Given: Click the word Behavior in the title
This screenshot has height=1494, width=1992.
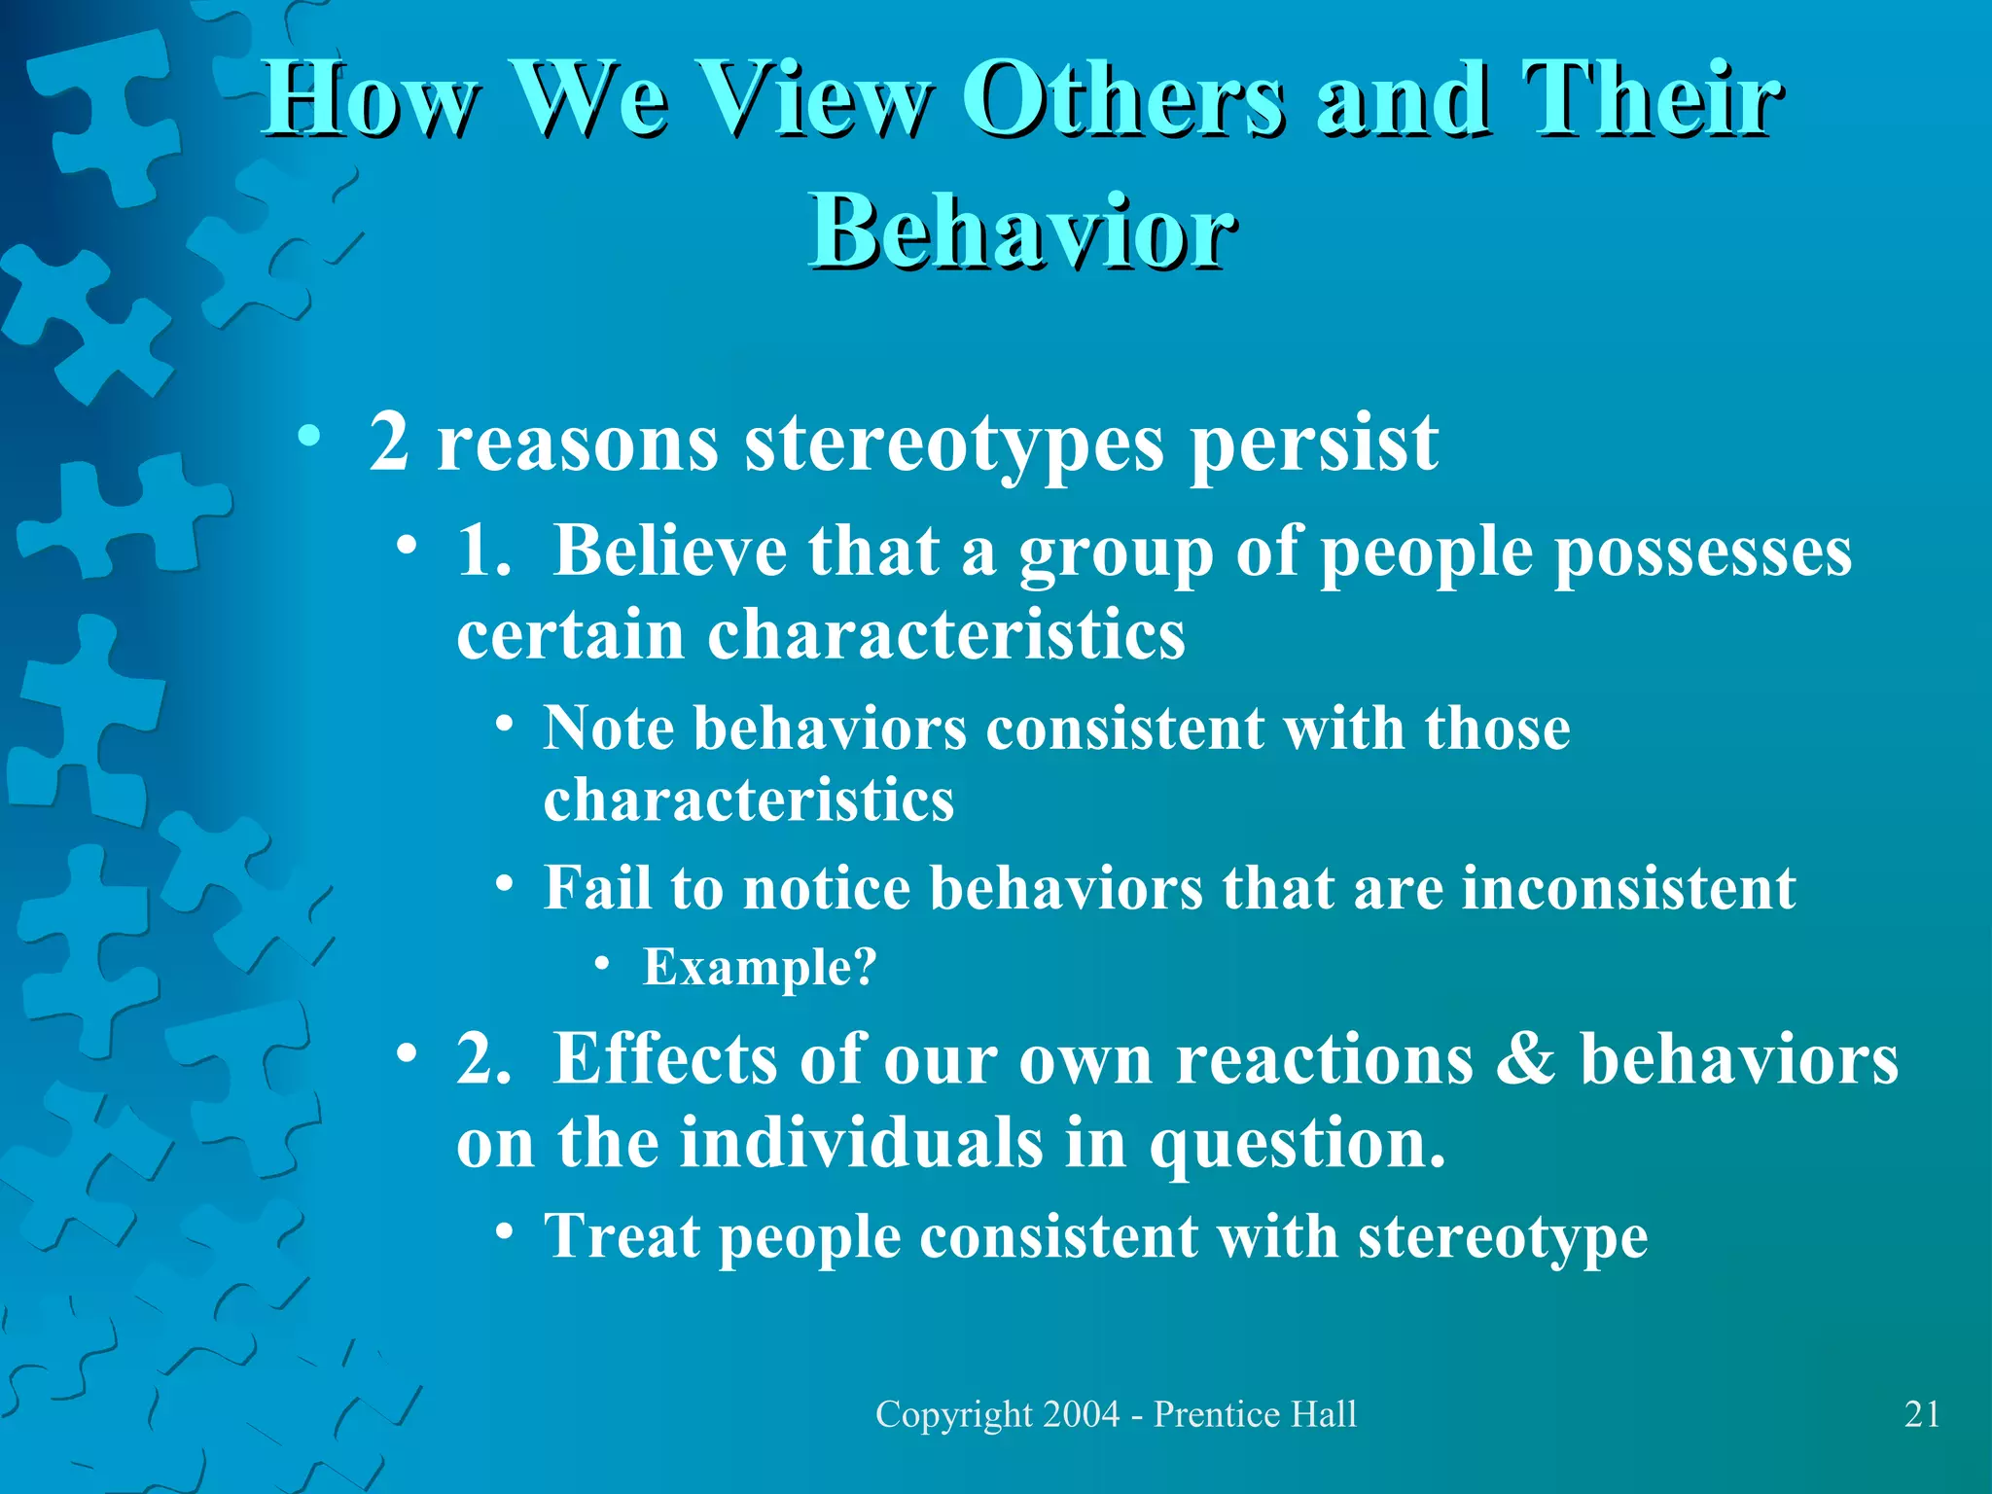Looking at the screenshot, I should pyautogui.click(x=1023, y=231).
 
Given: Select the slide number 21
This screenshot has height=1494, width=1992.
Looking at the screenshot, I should pyautogui.click(x=1922, y=1414).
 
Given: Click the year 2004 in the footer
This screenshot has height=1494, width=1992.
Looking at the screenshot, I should pyautogui.click(x=1081, y=1414).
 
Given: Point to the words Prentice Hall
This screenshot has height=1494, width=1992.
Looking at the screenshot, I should pyautogui.click(x=1255, y=1414).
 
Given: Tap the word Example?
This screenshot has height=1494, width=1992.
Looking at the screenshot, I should pyautogui.click(x=760, y=967).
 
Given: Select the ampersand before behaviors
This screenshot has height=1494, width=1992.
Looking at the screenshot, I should pyautogui.click(x=1525, y=1058).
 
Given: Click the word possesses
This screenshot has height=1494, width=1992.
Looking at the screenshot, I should pyautogui.click(x=1702, y=552).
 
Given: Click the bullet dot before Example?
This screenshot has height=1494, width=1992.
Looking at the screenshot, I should pyautogui.click(x=602, y=964).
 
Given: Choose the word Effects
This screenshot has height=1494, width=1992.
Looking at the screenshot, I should pyautogui.click(x=665, y=1058).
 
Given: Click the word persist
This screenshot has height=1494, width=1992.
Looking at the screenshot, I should pyautogui.click(x=1314, y=444).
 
